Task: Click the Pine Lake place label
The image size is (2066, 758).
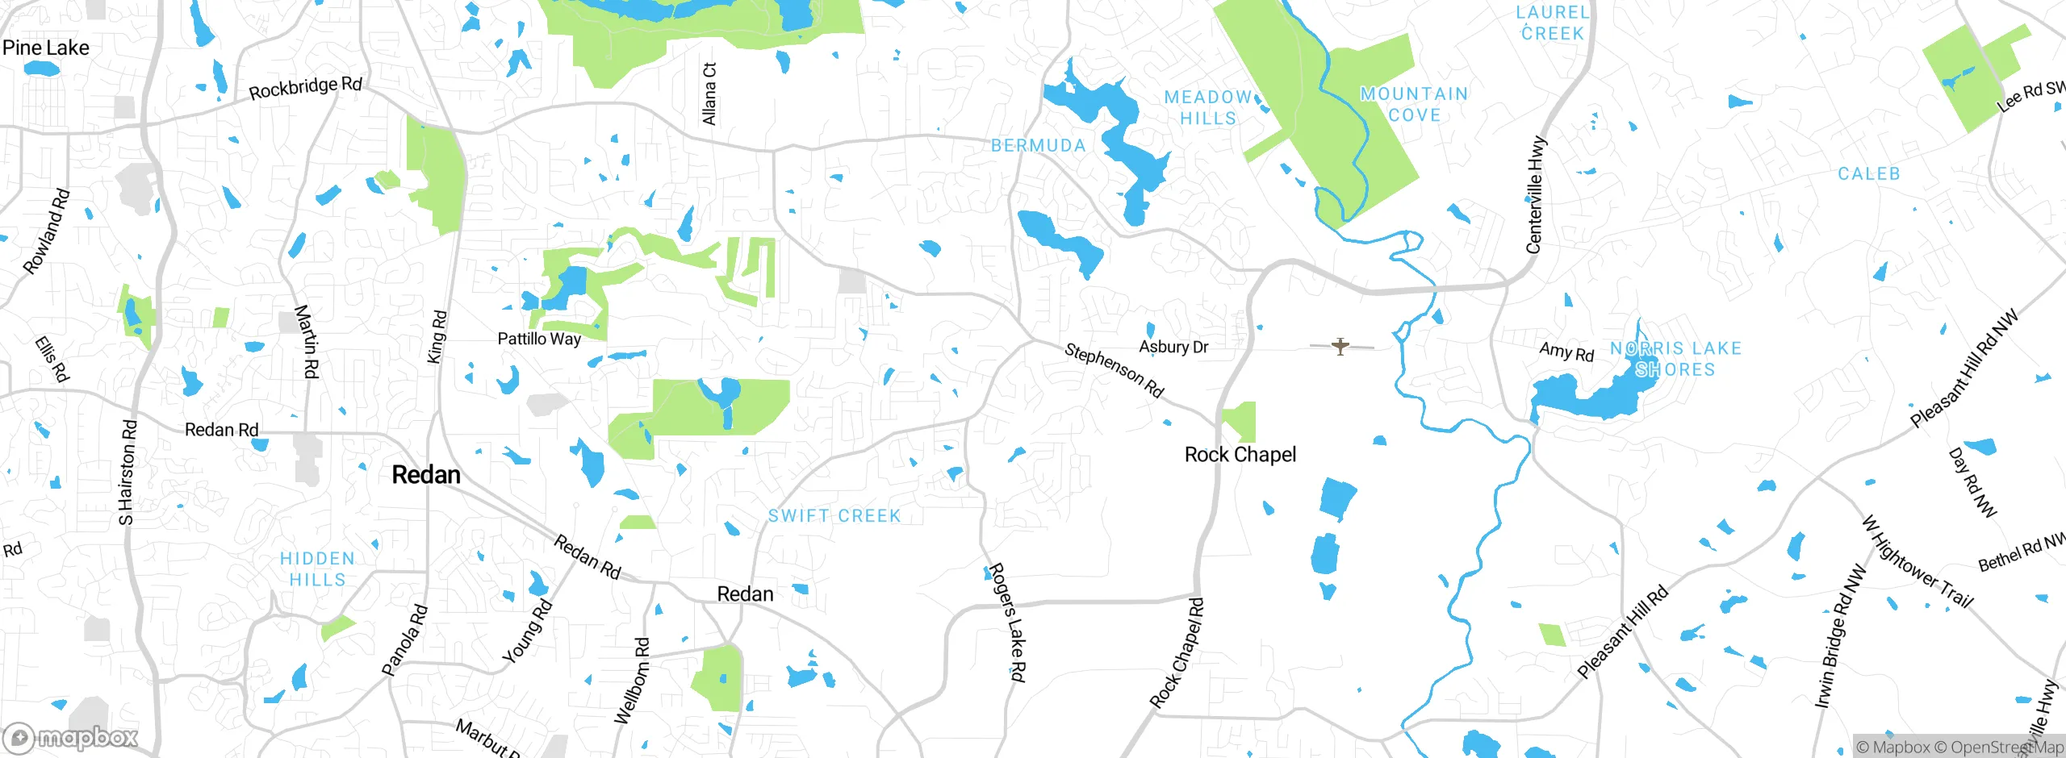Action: click(46, 48)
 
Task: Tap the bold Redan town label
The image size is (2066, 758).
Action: click(426, 475)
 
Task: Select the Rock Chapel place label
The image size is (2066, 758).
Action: click(1240, 455)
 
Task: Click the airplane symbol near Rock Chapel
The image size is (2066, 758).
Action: click(1340, 347)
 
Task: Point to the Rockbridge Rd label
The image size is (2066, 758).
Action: click(305, 87)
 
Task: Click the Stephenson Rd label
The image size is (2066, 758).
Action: click(1114, 370)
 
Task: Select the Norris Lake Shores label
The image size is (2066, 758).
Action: click(1675, 359)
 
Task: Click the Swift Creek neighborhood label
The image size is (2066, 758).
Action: click(834, 516)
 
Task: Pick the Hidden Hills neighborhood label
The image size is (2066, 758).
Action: click(317, 568)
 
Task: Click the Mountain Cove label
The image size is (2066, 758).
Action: click(1414, 105)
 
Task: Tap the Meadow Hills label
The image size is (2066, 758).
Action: click(1207, 107)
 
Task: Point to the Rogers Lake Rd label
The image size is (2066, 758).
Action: click(1007, 622)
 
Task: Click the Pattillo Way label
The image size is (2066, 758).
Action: click(539, 339)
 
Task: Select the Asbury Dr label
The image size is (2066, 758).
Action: click(1173, 347)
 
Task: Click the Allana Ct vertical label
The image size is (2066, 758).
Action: click(709, 94)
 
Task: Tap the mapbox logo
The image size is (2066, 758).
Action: click(71, 738)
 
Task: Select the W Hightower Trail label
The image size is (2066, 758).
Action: click(1917, 561)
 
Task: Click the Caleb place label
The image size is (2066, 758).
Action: click(1868, 174)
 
